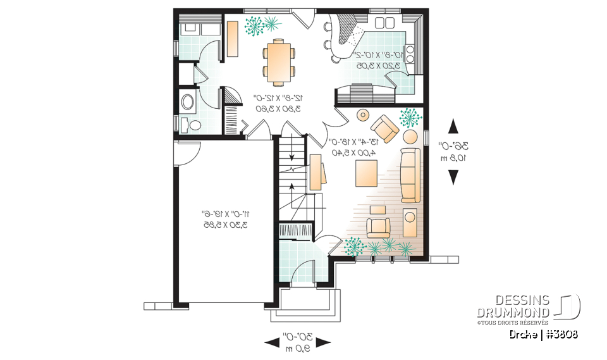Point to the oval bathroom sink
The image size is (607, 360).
click(x=188, y=102)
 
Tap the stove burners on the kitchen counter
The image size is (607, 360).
click(x=410, y=54)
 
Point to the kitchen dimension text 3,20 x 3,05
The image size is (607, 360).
click(x=381, y=65)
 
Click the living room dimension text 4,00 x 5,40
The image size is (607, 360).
click(x=352, y=152)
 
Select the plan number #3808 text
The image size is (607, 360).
click(x=560, y=333)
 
